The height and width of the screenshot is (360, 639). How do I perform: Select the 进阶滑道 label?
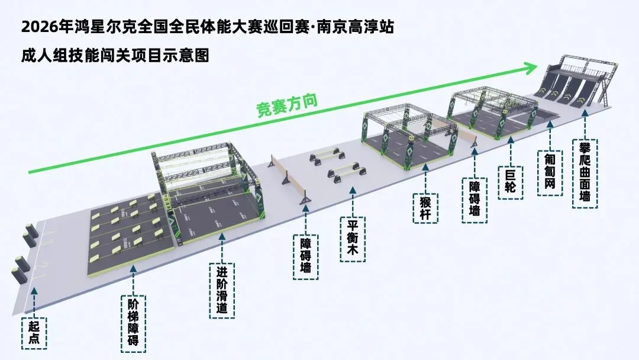click(x=222, y=290)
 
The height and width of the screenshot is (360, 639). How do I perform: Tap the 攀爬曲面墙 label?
click(x=585, y=173)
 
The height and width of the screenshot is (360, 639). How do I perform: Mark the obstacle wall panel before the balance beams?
click(x=288, y=178)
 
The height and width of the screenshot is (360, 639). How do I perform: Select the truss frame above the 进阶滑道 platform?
click(x=207, y=169)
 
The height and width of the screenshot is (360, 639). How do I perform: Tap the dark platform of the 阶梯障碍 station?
click(x=127, y=243)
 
